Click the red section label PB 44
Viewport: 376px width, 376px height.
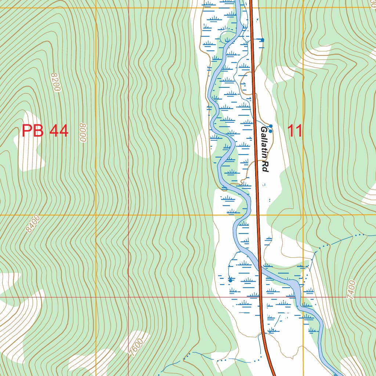45,131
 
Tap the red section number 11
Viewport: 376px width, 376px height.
294,131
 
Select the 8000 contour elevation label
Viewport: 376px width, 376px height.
83,133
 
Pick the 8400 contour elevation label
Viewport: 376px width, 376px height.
33,224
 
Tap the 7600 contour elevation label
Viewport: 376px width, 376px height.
136,346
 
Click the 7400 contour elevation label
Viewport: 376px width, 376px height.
351,290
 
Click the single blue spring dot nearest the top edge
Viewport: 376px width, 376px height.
262,40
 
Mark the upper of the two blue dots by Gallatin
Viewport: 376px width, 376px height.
271,126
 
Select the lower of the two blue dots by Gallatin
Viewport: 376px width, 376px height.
271,131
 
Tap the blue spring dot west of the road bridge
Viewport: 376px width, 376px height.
230,280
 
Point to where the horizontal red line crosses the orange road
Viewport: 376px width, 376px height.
261,297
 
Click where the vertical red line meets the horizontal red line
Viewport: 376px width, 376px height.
129,297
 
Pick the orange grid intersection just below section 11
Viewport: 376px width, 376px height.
303,215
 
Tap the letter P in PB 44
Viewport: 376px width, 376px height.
26,131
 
